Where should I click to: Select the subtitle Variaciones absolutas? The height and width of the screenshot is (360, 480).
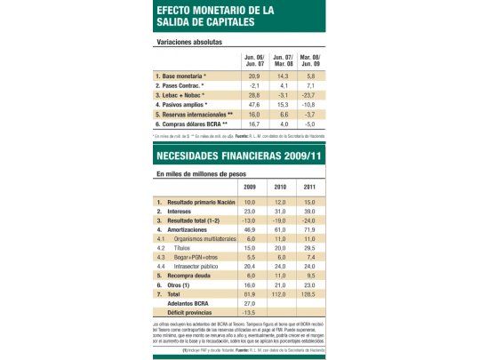[x=189, y=42]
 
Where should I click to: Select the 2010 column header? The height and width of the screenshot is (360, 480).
[x=278, y=187]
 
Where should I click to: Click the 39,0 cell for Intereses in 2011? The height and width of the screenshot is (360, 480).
[x=308, y=212]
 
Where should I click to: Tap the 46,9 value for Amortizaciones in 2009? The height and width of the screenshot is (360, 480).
[x=250, y=229]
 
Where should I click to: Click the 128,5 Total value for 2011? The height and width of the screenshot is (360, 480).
[x=308, y=293]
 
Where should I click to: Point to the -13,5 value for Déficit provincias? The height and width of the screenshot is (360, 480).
[x=250, y=312]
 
